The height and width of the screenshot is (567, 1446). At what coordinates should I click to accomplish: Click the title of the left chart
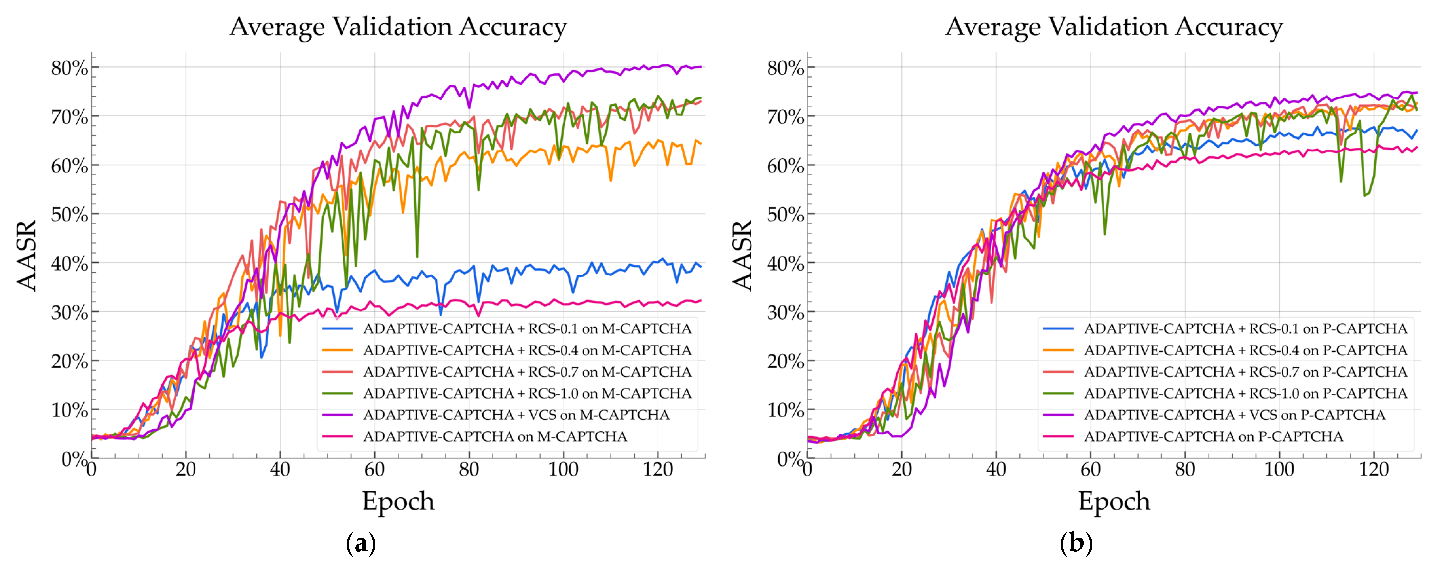pos(398,27)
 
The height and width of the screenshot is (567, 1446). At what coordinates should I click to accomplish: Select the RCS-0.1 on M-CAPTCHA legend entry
pos(527,328)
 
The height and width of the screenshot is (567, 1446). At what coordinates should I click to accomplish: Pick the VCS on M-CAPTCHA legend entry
pos(516,415)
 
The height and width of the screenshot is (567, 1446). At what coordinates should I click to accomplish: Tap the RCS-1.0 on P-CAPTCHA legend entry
pos(1245,393)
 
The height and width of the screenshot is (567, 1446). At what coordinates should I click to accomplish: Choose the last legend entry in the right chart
pos(1213,436)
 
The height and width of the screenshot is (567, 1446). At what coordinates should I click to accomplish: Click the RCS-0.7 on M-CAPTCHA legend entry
pos(527,372)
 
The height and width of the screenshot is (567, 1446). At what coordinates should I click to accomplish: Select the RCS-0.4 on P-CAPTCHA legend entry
pos(1245,350)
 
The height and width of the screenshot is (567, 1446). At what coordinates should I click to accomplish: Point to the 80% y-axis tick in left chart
pos(70,68)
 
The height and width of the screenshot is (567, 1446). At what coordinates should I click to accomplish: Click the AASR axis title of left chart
pos(27,255)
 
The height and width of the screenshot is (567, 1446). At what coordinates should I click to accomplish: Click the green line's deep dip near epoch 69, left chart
pos(417,257)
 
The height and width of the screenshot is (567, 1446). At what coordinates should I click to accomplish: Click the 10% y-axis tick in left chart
pos(70,410)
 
